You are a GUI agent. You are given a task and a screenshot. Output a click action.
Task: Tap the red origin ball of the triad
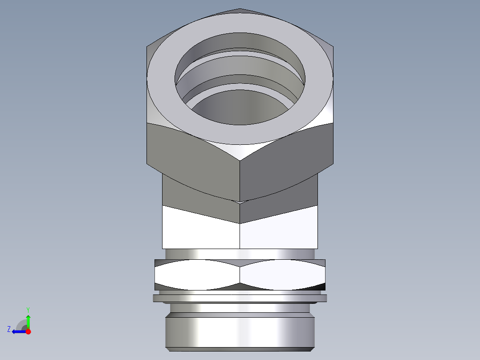tap(28, 331)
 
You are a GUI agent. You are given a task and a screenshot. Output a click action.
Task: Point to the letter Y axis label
tap(28, 309)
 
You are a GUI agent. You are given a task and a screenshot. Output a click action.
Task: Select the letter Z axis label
tap(9, 329)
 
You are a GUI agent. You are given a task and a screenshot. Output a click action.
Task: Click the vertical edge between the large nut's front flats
tap(240, 178)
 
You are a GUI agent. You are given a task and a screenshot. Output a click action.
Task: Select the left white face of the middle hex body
tap(200, 229)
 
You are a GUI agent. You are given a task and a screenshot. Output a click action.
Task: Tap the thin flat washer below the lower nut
tap(240, 298)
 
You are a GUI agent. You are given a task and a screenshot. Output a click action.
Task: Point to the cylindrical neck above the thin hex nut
tap(240, 254)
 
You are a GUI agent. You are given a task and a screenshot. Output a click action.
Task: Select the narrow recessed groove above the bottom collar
tap(240, 308)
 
